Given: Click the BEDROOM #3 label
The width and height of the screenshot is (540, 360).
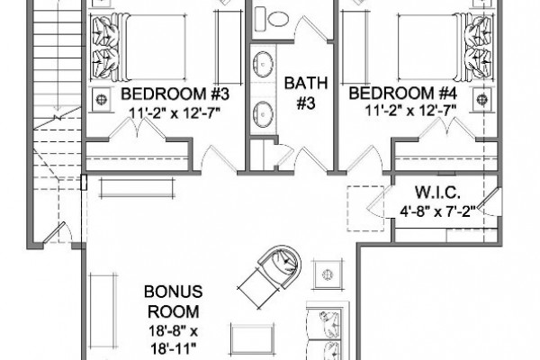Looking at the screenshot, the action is pos(175,94).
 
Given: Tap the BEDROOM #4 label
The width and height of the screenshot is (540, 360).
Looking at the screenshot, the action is pos(403,94).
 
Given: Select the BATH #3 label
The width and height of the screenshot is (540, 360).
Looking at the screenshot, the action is pos(306,93).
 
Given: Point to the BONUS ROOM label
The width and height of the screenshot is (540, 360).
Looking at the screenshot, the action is pos(173,301).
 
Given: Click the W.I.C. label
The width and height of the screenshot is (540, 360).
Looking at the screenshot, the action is pos(437,193).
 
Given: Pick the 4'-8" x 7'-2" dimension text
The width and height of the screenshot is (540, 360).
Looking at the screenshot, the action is pos(437,211).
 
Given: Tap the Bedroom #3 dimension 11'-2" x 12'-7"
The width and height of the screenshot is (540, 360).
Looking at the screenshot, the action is pos(175,112).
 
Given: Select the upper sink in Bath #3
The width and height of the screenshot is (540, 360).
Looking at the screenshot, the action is pos(264,64).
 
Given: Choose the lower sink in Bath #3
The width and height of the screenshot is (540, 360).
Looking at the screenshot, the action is pos(264,114).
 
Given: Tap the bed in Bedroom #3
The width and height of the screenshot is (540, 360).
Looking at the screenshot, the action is pos(139,48).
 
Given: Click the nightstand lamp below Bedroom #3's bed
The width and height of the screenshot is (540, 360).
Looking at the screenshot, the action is pos(101,100).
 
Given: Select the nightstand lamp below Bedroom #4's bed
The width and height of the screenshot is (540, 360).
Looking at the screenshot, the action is pos(482,100).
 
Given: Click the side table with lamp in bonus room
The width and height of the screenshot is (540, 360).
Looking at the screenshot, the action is pos(328,274).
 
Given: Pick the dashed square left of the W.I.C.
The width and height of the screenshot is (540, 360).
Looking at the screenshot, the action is pos(365,209).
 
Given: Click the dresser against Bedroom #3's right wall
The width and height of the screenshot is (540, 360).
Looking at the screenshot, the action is pos(228,47).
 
